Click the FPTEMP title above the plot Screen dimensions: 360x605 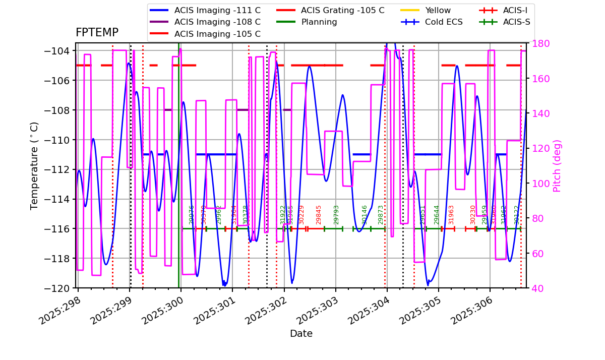click(97, 33)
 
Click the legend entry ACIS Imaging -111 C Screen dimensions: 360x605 click(217, 10)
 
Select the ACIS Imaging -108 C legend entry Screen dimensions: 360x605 click(217, 22)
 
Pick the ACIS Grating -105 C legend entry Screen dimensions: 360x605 click(342, 10)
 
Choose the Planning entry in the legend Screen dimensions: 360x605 click(319, 22)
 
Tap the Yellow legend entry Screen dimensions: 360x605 click(438, 10)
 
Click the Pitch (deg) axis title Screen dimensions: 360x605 click(557, 165)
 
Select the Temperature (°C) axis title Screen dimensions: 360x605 click(34, 165)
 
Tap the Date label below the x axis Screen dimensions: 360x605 click(301, 334)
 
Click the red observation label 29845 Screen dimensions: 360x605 click(319, 214)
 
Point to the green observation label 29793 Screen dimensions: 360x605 click(336, 214)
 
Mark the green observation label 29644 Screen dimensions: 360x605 click(437, 214)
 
